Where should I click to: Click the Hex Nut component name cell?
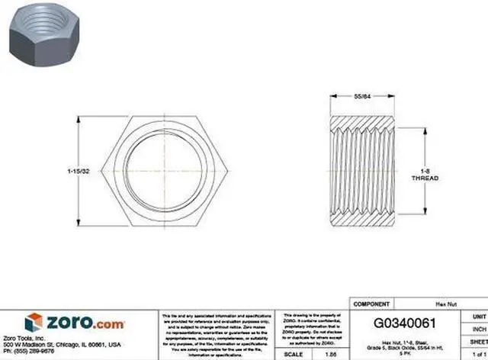(x=435, y=303)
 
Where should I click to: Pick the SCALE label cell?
(x=293, y=354)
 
